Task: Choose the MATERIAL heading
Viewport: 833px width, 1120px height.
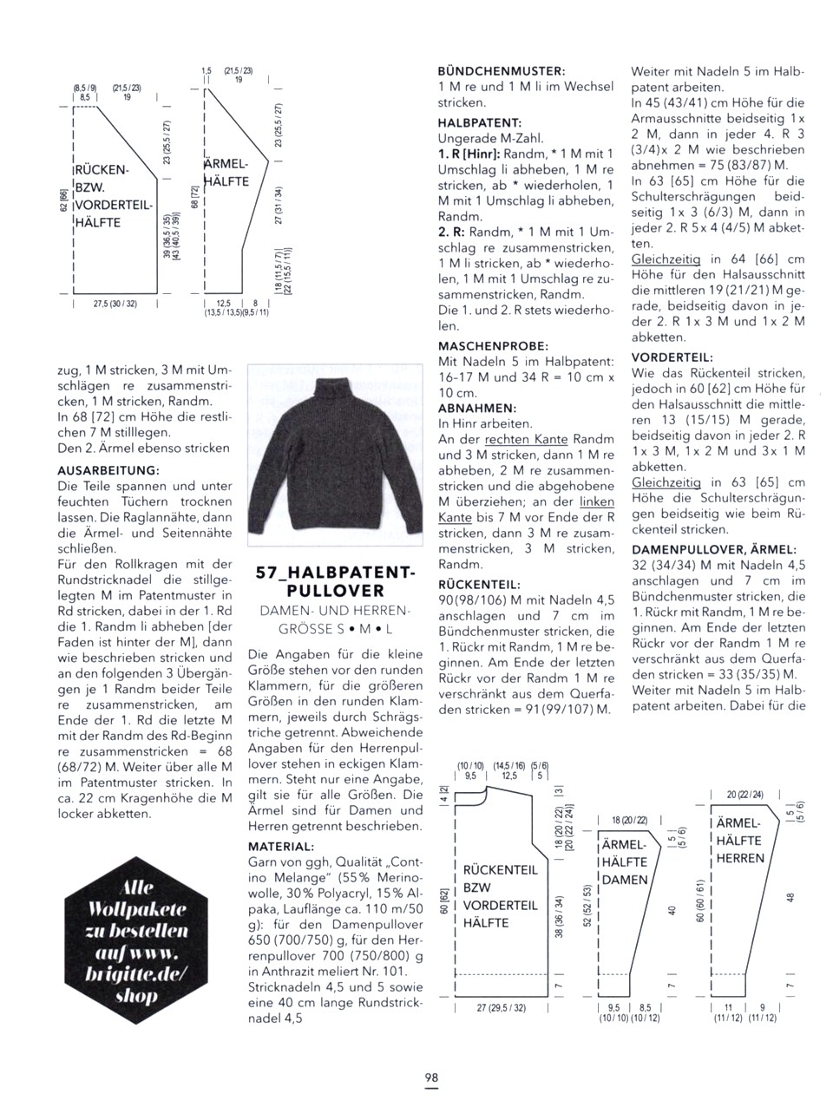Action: click(x=281, y=846)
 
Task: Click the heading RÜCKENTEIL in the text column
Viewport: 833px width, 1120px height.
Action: click(x=479, y=584)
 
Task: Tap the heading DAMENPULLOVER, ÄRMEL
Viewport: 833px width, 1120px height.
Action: click(x=714, y=549)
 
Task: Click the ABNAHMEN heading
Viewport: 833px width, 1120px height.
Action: click(x=477, y=407)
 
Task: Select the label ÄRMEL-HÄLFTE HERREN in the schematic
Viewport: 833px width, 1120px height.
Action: click(x=739, y=840)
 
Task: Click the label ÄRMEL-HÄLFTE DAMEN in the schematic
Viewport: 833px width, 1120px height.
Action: click(x=624, y=861)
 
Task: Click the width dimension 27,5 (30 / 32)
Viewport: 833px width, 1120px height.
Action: click(x=114, y=305)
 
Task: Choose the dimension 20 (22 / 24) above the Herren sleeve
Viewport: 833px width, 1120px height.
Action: click(x=745, y=795)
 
